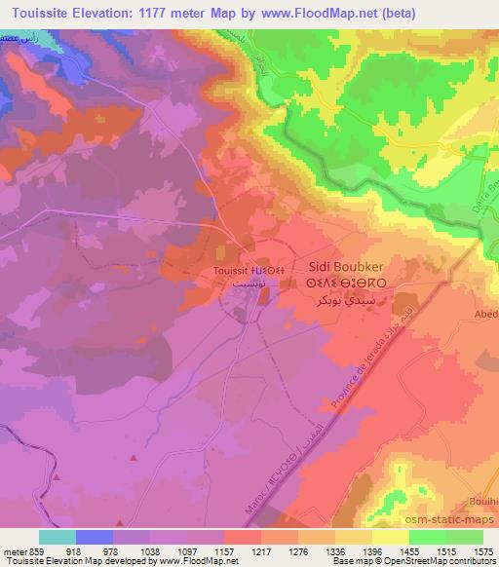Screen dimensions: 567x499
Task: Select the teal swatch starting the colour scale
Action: (x=58, y=537)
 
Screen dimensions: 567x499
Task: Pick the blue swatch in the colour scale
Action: (x=95, y=537)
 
